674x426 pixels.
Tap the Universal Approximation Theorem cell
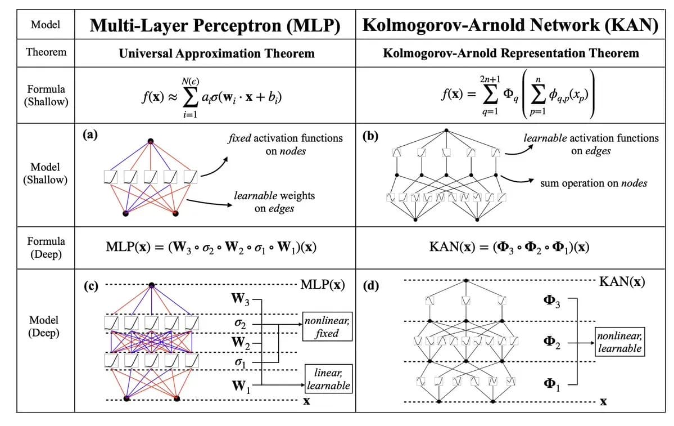216,53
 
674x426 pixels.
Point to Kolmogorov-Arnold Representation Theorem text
510,53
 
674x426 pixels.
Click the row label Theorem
46,52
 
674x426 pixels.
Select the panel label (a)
88,134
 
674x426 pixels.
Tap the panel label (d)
371,286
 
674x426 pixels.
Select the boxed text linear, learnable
328,379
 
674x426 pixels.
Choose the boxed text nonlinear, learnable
619,343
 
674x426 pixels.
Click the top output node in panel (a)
150,141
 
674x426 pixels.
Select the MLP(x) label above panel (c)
323,284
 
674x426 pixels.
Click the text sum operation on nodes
594,183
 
